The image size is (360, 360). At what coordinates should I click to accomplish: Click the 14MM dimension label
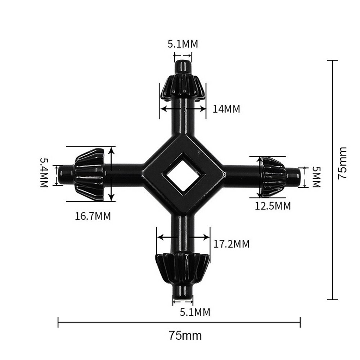pos(226,109)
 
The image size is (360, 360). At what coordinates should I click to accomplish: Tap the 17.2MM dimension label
pos(231,244)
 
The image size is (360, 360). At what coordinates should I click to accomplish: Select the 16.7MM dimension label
pos(93,216)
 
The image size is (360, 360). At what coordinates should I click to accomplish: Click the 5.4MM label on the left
pos(44,172)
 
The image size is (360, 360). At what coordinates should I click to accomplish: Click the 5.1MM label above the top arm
pos(183,44)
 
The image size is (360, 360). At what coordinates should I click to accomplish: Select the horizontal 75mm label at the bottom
pos(185,336)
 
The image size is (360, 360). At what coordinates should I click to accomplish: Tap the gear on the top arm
pos(183,87)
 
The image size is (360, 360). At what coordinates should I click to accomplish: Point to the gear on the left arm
pos(90,174)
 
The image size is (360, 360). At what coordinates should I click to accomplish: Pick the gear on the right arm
pos(274,176)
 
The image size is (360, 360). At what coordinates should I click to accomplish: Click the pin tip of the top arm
pos(183,67)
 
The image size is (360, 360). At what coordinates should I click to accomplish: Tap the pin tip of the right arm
pos(293,176)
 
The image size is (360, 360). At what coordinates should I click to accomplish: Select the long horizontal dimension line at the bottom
pos(179,322)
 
